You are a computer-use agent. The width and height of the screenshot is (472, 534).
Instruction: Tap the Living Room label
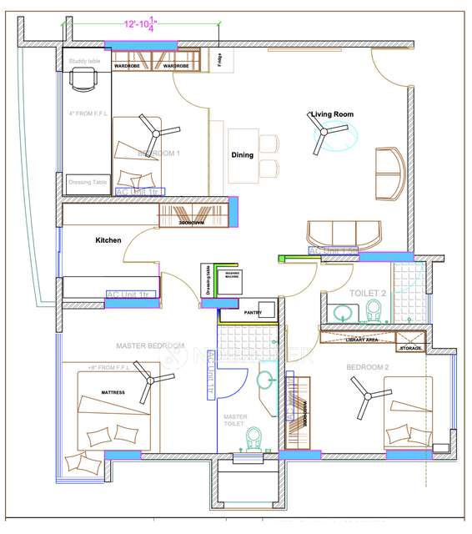[x=333, y=114]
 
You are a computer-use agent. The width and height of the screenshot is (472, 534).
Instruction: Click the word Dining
[x=243, y=155]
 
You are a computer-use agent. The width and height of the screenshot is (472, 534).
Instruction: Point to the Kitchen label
[x=108, y=240]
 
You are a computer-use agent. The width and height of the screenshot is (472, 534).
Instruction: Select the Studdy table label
[x=83, y=61]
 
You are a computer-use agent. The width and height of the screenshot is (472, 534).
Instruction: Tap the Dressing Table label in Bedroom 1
[x=87, y=181]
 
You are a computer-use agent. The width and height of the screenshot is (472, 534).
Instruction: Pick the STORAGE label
[x=410, y=348]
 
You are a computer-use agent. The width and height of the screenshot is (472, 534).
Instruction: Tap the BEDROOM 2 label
[x=368, y=367]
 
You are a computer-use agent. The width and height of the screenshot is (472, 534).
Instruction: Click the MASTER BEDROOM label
[x=150, y=345]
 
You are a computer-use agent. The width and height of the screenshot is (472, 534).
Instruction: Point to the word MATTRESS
[x=113, y=392]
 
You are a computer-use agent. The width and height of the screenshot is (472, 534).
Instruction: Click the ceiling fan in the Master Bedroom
[x=149, y=382]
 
